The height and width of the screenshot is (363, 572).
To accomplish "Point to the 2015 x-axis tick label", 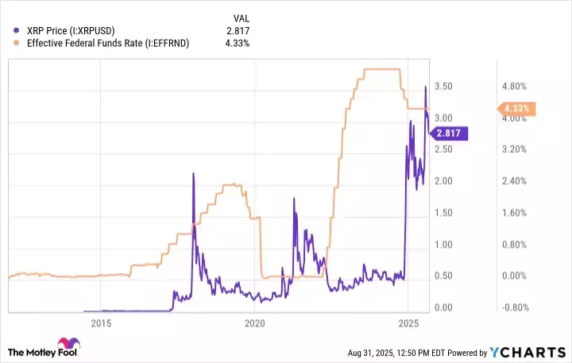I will click(x=101, y=323).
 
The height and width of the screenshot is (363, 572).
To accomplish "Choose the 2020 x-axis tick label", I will click(x=254, y=323).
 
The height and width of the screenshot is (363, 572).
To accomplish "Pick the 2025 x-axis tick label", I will click(x=408, y=323).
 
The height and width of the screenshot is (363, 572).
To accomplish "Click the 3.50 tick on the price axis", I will click(x=444, y=86).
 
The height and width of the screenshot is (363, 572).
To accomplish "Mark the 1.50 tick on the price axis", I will click(x=444, y=213).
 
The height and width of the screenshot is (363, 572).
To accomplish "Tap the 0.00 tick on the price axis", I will click(x=444, y=308).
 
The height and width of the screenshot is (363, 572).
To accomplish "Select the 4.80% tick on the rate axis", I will click(x=516, y=86).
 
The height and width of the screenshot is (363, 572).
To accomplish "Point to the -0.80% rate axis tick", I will click(x=514, y=308).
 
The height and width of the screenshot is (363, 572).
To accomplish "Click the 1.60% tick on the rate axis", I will click(x=516, y=213).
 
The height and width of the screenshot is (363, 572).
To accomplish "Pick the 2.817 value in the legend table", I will click(x=239, y=29).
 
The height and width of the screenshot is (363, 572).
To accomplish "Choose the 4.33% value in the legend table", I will click(x=238, y=43).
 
